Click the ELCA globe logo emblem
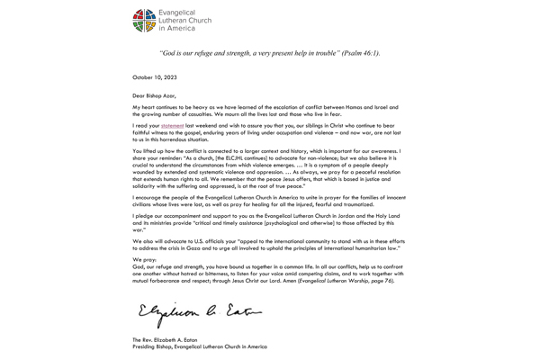click(x=146, y=19)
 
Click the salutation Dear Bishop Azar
click(x=155, y=94)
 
